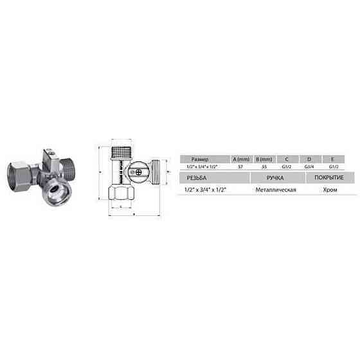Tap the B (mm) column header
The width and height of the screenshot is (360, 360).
point(265,157)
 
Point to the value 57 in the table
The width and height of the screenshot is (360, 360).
point(241,165)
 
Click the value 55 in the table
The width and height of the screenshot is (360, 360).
point(264,165)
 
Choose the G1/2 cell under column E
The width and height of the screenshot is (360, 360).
point(332,165)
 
